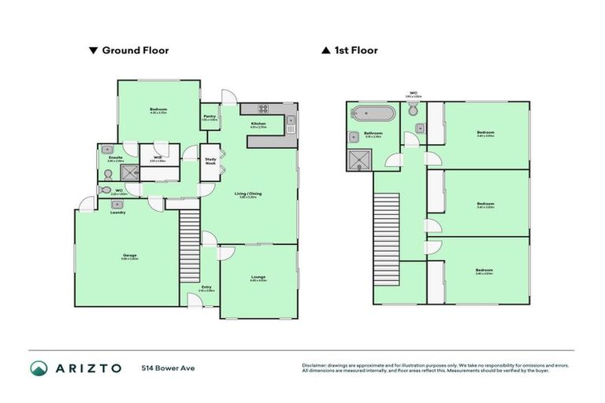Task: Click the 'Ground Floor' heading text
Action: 135,50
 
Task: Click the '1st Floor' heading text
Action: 356,50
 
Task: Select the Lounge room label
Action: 258,277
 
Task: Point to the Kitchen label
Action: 258,124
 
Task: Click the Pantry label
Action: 210,116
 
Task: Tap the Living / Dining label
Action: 250,194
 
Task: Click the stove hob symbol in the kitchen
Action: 262,109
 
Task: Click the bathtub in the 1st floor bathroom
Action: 373,113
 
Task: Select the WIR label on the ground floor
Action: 158,157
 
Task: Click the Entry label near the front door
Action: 206,287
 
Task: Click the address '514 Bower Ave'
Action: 168,368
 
